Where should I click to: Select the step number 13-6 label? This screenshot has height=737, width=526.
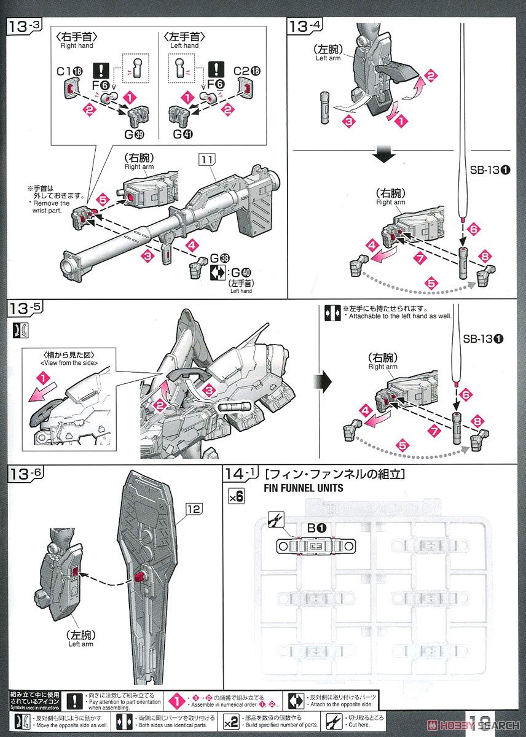(x=24, y=474)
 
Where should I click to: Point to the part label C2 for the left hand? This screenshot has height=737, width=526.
(x=248, y=71)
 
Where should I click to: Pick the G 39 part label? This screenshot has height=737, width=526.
(x=129, y=133)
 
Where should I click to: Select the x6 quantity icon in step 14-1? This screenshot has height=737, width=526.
(x=235, y=496)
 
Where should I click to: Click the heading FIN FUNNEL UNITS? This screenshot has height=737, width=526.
(x=303, y=489)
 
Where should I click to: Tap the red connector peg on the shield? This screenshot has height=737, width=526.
(x=139, y=577)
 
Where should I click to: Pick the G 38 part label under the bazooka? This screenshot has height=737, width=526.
(x=214, y=259)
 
